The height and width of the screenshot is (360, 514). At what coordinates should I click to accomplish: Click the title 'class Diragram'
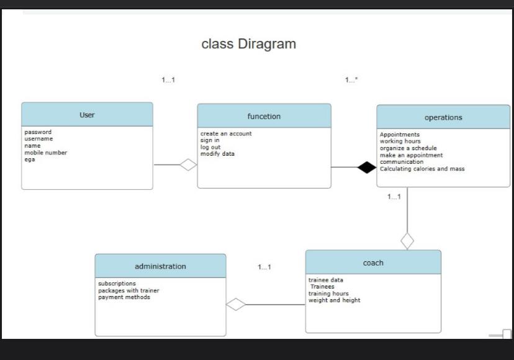(248, 44)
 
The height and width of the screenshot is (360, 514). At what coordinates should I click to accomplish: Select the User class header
(87, 115)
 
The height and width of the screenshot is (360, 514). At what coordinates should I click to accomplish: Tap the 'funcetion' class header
(264, 116)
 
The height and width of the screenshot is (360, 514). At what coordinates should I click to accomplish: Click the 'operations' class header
(443, 117)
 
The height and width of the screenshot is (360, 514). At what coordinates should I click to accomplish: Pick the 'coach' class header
(373, 263)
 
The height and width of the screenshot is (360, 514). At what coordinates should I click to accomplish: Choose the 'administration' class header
(160, 266)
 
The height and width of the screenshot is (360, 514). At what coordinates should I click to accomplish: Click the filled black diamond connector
(367, 167)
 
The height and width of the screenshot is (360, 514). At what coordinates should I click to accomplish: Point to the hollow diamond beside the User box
(188, 164)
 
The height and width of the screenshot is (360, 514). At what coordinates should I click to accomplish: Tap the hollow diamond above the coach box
(407, 240)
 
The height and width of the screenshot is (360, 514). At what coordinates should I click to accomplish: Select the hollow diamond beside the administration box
(236, 304)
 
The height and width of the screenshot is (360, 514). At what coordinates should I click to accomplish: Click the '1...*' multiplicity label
(351, 80)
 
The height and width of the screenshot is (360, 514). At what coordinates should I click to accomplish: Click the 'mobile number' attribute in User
(46, 153)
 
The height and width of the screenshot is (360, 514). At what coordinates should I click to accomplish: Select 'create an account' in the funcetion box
(226, 133)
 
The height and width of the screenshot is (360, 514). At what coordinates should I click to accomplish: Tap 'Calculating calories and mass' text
(422, 169)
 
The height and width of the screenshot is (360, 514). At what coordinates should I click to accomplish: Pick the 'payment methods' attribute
(124, 297)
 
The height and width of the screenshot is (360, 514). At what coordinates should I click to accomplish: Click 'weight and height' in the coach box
(334, 300)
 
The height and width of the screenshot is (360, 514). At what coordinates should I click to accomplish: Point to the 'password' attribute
(38, 132)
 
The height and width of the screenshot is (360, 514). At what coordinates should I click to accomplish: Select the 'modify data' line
(217, 154)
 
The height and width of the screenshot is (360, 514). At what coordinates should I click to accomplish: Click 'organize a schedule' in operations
(408, 148)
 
